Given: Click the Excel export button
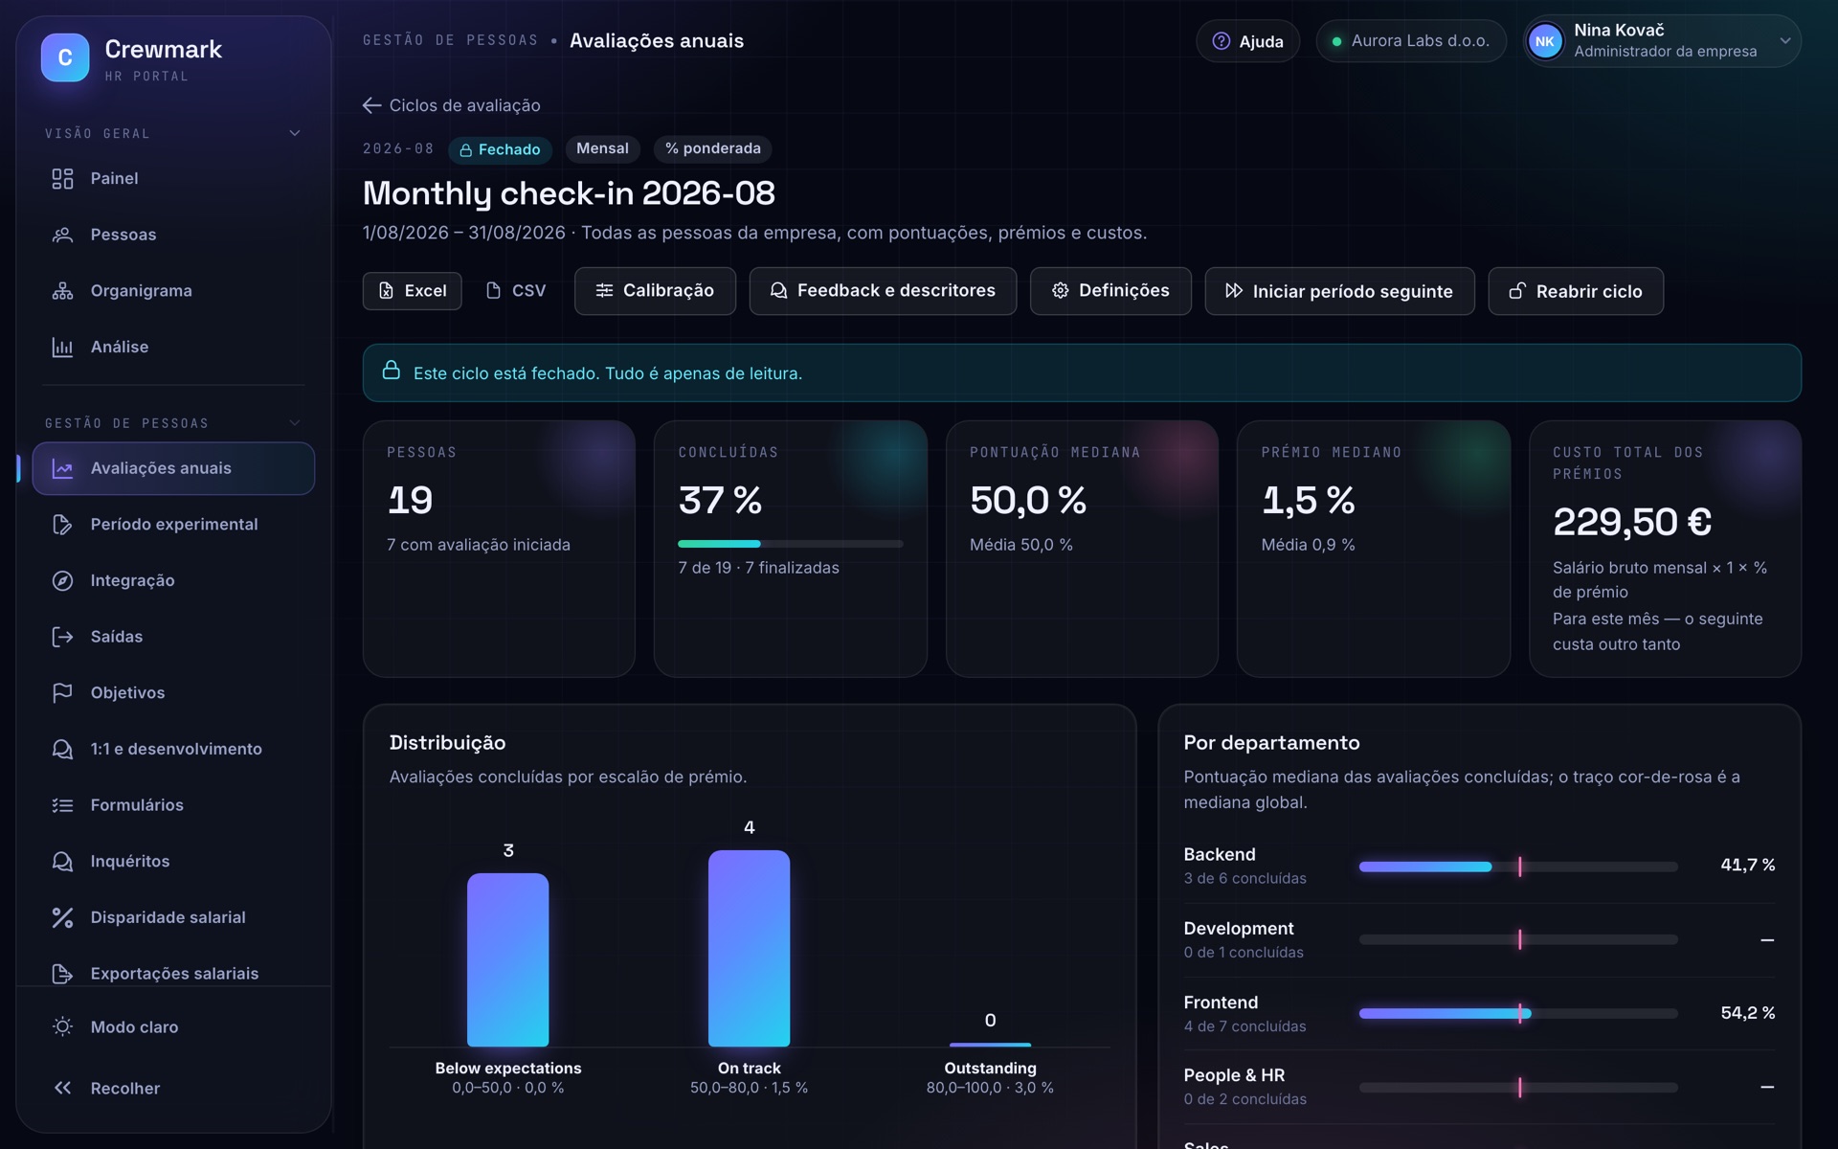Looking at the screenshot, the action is tap(412, 291).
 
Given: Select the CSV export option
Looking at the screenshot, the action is tap(516, 291).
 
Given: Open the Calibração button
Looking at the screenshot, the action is tap(655, 291).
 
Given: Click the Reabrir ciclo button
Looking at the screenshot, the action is tap(1576, 291).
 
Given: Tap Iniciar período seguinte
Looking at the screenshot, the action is tap(1339, 291).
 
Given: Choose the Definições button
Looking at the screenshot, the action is tap(1110, 291).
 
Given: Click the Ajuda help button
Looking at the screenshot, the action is tap(1247, 41).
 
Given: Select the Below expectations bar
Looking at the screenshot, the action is tap(507, 959).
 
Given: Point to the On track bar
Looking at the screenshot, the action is tap(749, 948).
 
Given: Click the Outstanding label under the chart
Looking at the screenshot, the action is tap(990, 1068).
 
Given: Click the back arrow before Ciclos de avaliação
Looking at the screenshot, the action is tap(372, 105).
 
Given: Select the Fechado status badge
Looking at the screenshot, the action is tap(500, 149).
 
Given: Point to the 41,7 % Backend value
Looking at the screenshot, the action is tap(1747, 865).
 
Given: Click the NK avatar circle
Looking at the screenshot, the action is tap(1545, 41).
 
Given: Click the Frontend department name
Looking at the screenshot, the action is tap(1221, 1003).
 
